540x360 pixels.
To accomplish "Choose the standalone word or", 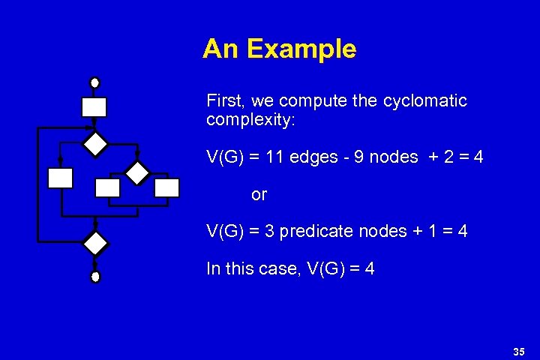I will [x=259, y=195].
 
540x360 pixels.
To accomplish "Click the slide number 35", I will [x=518, y=351].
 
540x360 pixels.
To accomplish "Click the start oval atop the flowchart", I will [x=94, y=82].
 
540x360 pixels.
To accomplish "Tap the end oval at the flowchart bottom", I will [x=95, y=277].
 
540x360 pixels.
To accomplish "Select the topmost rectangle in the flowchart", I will [x=94, y=107].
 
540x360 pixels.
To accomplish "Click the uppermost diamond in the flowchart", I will [x=95, y=143].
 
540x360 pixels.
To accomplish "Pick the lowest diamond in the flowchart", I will [x=95, y=243].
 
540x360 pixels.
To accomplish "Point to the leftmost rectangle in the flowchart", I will [x=60, y=178].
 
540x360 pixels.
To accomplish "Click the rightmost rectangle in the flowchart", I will [x=166, y=187].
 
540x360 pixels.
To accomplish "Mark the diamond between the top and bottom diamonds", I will [x=136, y=173].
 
